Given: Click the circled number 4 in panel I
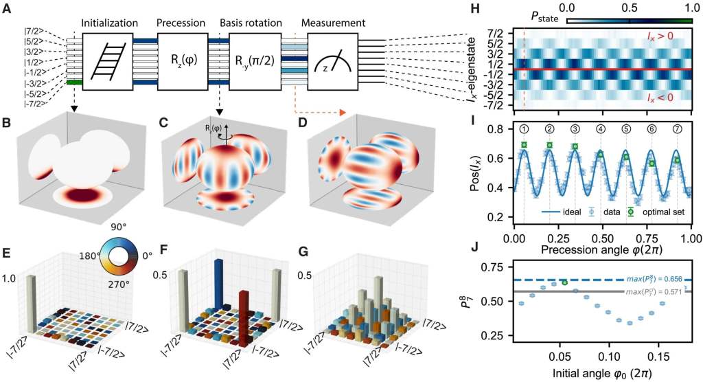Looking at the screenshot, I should tap(601, 128).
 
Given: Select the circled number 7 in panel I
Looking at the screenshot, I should tap(678, 128).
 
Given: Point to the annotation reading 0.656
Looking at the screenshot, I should tap(656, 278).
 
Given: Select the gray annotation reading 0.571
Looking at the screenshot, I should tap(655, 291).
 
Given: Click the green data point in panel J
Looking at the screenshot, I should tap(564, 282).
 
